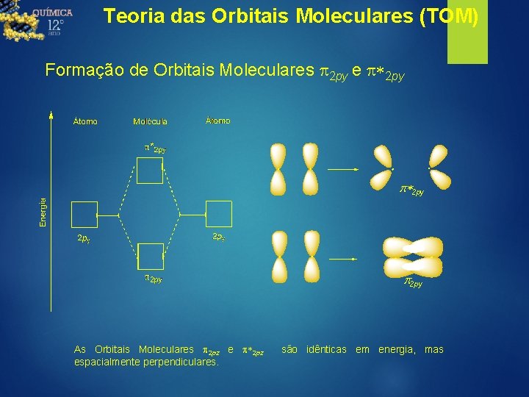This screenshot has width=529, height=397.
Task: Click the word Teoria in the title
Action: (x=127, y=16)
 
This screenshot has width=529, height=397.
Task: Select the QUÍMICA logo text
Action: (x=52, y=12)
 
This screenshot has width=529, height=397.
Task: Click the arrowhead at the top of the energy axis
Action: (x=51, y=113)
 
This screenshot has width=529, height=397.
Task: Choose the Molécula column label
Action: (x=150, y=121)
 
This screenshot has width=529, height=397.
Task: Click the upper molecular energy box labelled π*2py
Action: (x=150, y=171)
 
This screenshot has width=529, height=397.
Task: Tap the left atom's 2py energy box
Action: (x=83, y=215)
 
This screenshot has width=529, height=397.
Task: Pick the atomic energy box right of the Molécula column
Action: (x=217, y=215)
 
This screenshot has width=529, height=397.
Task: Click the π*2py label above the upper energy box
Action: (x=154, y=149)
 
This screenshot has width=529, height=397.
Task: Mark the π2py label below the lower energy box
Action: (x=153, y=279)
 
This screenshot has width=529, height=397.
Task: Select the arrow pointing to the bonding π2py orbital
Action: (x=342, y=259)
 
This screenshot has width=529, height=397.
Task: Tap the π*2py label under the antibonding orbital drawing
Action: (x=411, y=190)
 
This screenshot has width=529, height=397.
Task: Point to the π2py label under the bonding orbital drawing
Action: (x=412, y=283)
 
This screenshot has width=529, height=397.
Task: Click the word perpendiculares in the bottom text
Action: (x=183, y=362)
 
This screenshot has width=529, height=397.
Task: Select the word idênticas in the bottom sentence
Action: (x=324, y=349)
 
